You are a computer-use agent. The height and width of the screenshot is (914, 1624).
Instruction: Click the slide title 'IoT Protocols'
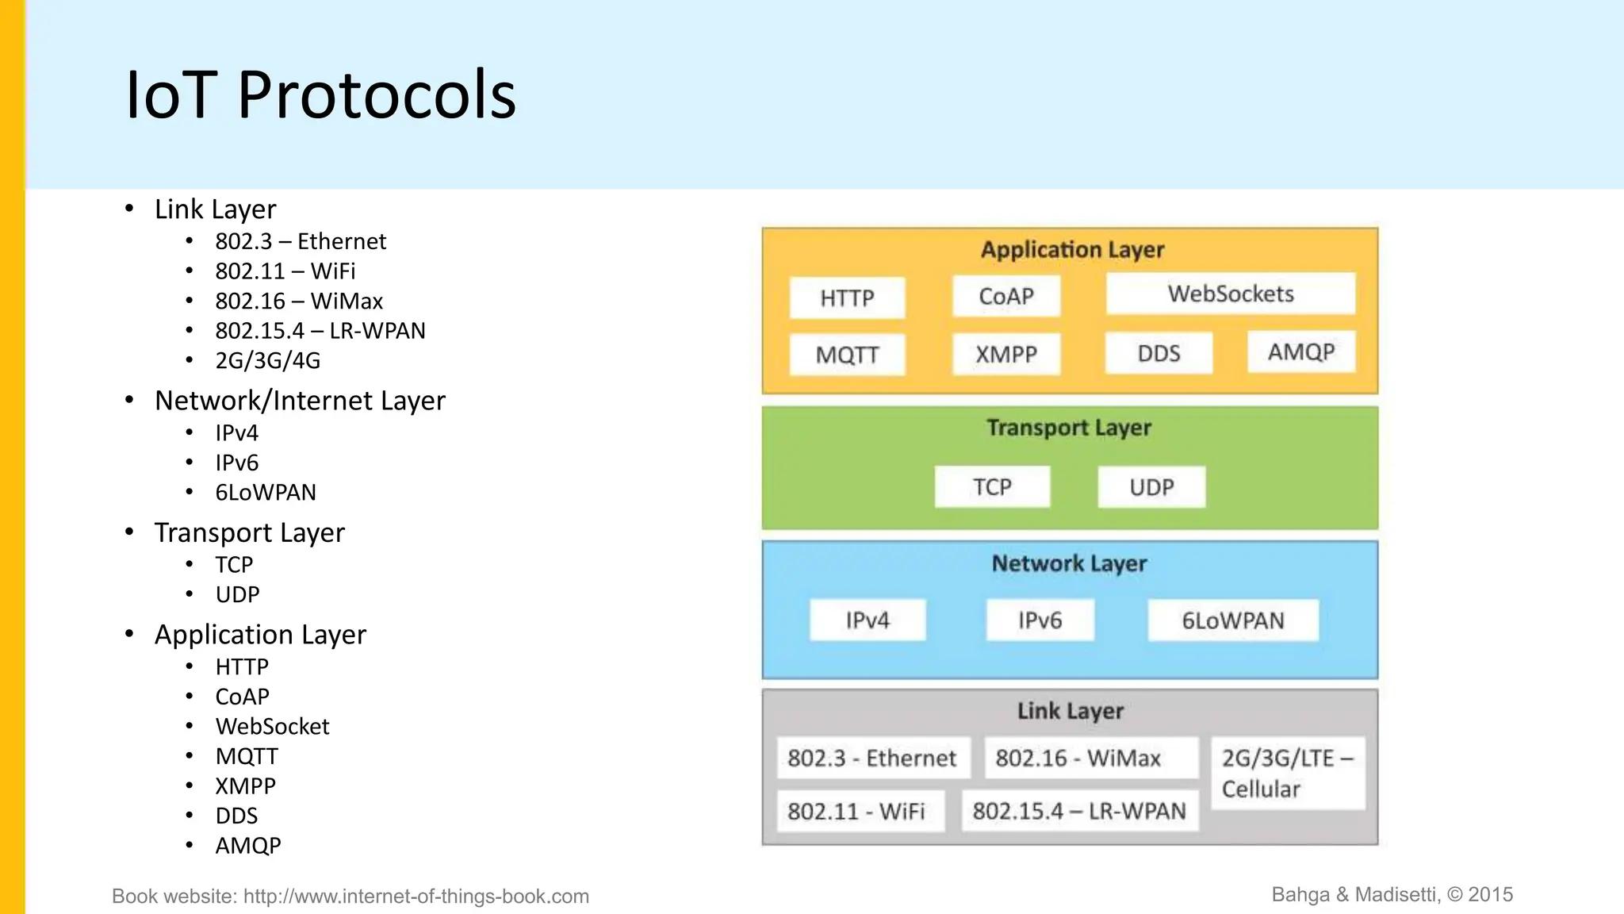point(320,95)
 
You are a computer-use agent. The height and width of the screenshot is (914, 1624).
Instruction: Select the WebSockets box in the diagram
point(1230,294)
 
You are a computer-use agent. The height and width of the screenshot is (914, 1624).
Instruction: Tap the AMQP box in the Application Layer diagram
point(1300,351)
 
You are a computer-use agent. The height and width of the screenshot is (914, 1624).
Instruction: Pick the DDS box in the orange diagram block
point(1159,353)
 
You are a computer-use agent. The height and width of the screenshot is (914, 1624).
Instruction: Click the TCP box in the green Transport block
point(992,486)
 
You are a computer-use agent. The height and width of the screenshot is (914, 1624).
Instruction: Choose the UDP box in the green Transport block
point(1151,486)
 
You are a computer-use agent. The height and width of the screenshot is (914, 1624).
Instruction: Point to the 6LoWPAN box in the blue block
point(1232,620)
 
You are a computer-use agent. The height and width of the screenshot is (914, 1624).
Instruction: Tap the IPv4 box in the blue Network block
point(868,620)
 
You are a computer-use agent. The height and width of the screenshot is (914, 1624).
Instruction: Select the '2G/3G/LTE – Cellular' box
point(1287,773)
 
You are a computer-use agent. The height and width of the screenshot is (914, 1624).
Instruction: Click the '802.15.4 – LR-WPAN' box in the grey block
point(1079,811)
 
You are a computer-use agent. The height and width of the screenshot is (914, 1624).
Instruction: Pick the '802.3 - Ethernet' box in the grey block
point(872,758)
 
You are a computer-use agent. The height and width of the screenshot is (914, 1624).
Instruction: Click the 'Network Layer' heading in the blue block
point(1069,563)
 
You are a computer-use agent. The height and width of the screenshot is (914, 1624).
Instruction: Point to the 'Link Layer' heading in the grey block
point(1070,711)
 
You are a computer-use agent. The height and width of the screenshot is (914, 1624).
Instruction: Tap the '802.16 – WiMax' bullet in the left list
point(299,301)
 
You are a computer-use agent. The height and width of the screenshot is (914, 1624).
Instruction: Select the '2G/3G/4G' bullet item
point(268,361)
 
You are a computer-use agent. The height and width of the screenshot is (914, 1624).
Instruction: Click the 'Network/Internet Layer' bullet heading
point(300,401)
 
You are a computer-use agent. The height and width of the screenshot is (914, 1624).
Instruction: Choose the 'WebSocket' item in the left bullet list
point(272,727)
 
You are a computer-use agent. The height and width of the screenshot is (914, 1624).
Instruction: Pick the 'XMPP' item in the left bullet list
point(246,786)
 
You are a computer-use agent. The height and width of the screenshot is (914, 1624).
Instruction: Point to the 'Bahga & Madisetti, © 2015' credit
point(1392,895)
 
